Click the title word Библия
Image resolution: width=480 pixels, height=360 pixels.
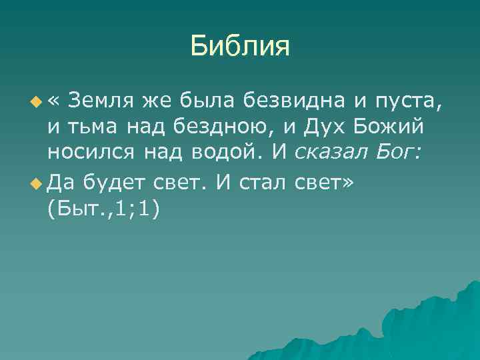pos(239,46)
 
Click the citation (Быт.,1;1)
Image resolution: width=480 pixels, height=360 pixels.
pos(104,207)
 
